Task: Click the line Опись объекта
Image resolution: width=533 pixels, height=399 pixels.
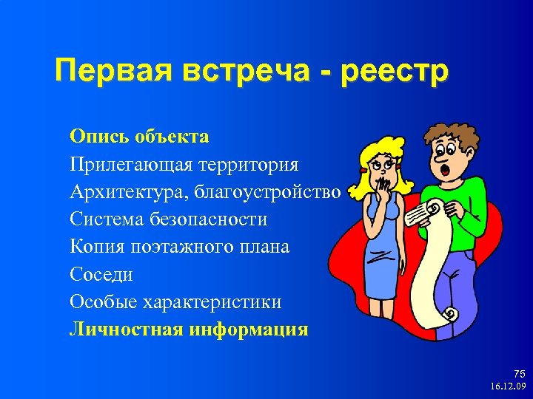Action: tap(139, 137)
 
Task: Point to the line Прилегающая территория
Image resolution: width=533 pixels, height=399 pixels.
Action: tap(184, 165)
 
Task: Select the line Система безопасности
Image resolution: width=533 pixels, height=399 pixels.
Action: tap(169, 219)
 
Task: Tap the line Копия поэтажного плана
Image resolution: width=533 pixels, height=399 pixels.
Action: tap(180, 247)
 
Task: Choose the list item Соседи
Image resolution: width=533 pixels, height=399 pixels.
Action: tap(101, 275)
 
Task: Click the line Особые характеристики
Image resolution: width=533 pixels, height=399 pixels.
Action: tap(175, 302)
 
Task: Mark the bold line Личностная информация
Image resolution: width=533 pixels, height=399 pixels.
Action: tap(189, 330)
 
